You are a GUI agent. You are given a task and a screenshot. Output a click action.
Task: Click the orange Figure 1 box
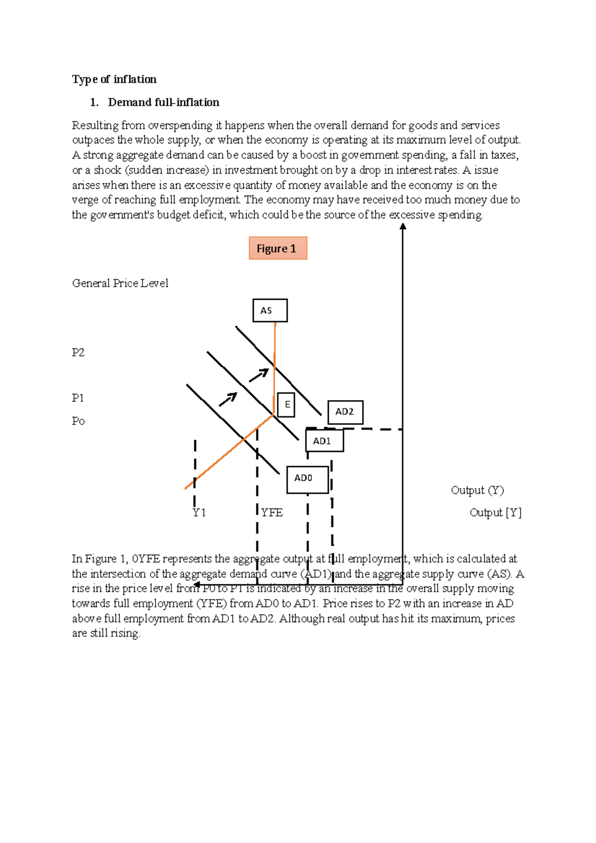pyautogui.click(x=278, y=248)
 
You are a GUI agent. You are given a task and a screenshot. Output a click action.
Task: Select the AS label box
pyautogui.click(x=270, y=310)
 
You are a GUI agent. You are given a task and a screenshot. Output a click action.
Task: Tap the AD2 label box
pyautogui.click(x=345, y=412)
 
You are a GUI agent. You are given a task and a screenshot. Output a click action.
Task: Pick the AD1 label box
pyautogui.click(x=324, y=441)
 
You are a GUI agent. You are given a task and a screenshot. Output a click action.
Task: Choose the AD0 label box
pyautogui.click(x=307, y=480)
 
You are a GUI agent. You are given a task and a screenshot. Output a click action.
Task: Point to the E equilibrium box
pyautogui.click(x=286, y=405)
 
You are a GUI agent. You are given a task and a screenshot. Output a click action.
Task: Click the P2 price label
pyautogui.click(x=78, y=352)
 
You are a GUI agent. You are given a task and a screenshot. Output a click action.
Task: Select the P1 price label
pyautogui.click(x=77, y=398)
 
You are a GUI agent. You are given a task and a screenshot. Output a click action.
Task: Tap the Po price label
pyautogui.click(x=78, y=421)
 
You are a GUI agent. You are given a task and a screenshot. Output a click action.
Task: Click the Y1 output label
pyautogui.click(x=199, y=512)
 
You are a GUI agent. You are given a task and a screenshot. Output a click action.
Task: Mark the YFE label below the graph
pyautogui.click(x=272, y=512)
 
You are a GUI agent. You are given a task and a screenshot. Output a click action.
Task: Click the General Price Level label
pyautogui.click(x=120, y=283)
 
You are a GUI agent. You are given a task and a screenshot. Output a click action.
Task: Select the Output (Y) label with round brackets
pyautogui.click(x=477, y=490)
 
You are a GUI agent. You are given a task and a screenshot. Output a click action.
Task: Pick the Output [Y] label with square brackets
pyautogui.click(x=495, y=512)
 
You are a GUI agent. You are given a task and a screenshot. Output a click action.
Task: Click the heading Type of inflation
pyautogui.click(x=114, y=79)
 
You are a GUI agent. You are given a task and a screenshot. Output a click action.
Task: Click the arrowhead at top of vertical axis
pyautogui.click(x=403, y=225)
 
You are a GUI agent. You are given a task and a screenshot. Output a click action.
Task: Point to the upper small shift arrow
pyautogui.click(x=259, y=375)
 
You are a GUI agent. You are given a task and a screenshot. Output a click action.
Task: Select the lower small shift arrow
pyautogui.click(x=228, y=399)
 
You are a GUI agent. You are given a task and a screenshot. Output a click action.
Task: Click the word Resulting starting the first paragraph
pyautogui.click(x=94, y=125)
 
